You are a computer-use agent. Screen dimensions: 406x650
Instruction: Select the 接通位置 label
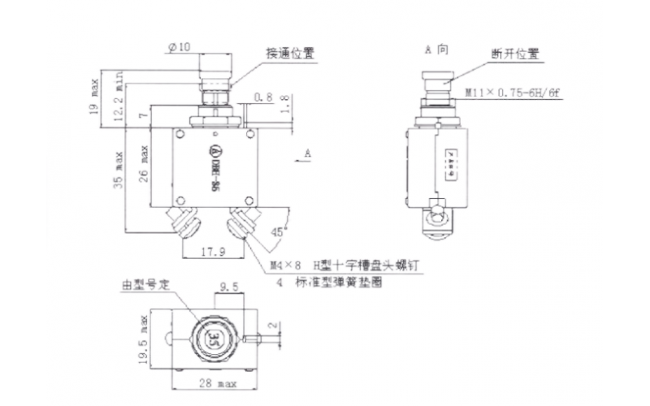(290, 54)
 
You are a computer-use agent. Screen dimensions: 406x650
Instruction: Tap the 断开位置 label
(514, 54)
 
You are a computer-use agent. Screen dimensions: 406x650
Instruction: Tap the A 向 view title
(436, 49)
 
